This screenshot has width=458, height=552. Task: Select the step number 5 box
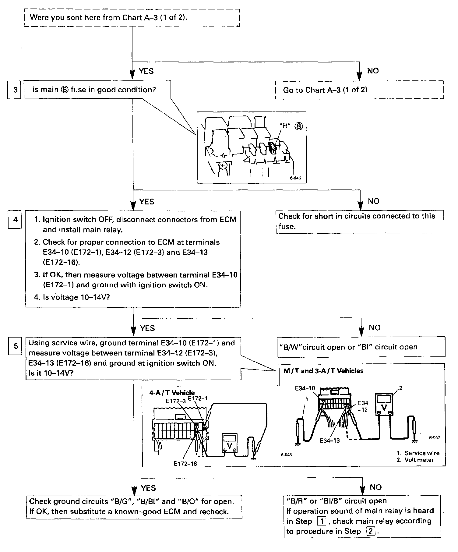[x=16, y=346]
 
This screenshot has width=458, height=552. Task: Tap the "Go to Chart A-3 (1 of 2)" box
[x=359, y=90]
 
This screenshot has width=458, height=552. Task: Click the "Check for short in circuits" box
[x=360, y=221]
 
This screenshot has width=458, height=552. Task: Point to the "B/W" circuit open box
[x=361, y=347]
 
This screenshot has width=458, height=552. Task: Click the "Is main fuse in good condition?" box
[x=97, y=90]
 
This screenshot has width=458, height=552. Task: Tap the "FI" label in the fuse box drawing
[x=285, y=126]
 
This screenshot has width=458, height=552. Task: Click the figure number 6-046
[x=295, y=178]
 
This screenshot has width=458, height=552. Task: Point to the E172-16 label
[x=185, y=463]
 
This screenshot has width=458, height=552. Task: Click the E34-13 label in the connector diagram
[x=329, y=440]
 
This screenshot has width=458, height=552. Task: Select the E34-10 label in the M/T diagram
[x=305, y=388]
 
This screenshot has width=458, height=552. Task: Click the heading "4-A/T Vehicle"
[x=172, y=393]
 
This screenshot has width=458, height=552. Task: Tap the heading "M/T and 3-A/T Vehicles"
[x=323, y=371]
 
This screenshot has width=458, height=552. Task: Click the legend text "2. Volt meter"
[x=415, y=460]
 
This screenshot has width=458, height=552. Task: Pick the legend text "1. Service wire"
[x=418, y=453]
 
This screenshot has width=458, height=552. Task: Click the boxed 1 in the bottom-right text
[x=321, y=521]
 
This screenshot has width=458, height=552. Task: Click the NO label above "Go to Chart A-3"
[x=373, y=71]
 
